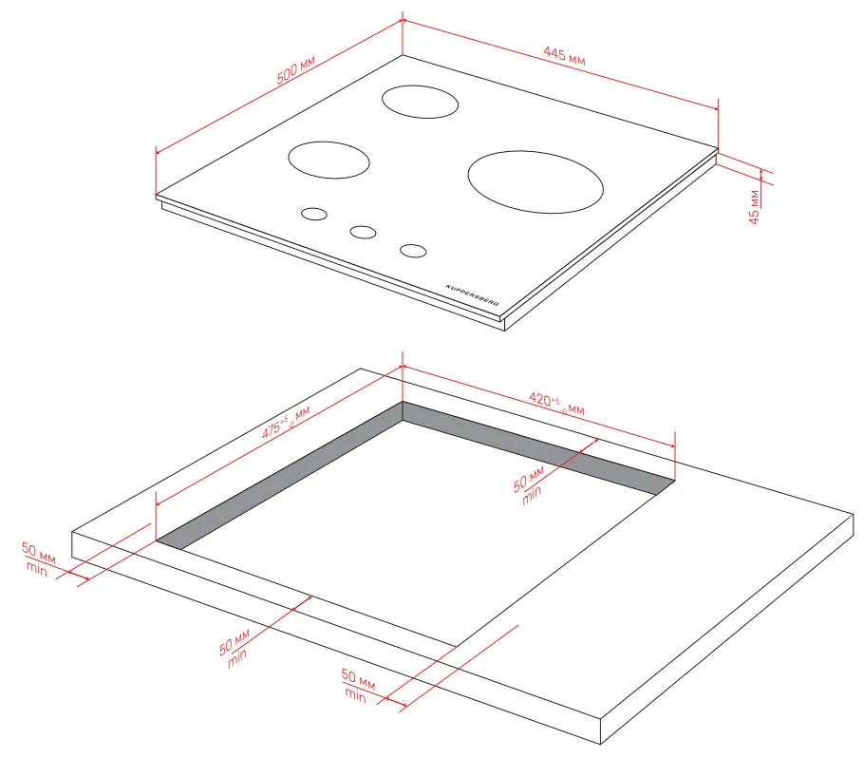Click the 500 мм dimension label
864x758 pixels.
coord(296,69)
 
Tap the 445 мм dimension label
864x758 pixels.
coord(564,56)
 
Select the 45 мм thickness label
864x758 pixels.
coord(755,207)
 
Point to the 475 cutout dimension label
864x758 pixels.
coord(286,423)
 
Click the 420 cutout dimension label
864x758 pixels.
coord(556,403)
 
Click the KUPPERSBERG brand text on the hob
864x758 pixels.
coord(472,295)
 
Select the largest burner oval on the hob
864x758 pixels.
coord(535,182)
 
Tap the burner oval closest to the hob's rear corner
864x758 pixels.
coord(420,102)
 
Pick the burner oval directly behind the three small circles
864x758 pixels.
coord(329,160)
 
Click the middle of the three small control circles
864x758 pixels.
coord(363,232)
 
